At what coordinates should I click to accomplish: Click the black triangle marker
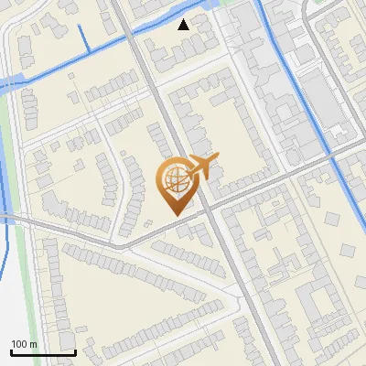184,25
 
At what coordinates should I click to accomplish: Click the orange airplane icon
202,167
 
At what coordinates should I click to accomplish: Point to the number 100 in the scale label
19,344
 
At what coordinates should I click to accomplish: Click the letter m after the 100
34,344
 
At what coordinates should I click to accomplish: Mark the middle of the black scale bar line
43,352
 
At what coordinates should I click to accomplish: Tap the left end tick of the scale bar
11,350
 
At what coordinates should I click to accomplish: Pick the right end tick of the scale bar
75,350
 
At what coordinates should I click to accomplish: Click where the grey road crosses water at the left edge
7,216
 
